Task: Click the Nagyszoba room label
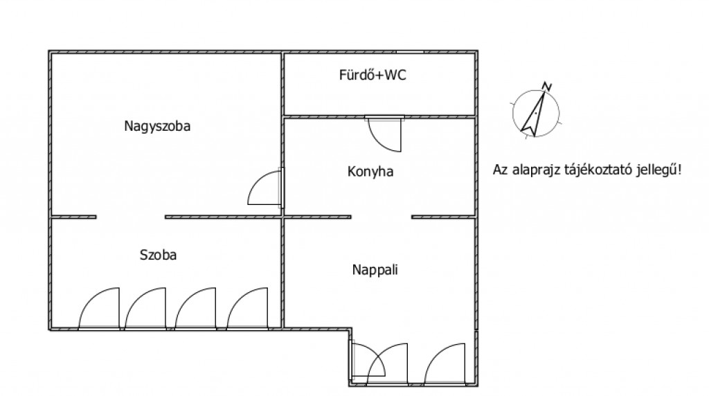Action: (x=157, y=127)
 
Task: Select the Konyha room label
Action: (x=370, y=172)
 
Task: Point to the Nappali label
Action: (x=375, y=270)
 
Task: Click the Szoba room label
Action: (x=158, y=255)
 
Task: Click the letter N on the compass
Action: (x=547, y=87)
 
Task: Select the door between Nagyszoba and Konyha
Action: (x=265, y=189)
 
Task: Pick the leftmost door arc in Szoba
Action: (x=99, y=309)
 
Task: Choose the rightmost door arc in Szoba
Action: (x=247, y=309)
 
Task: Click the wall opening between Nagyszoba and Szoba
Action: (x=131, y=217)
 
